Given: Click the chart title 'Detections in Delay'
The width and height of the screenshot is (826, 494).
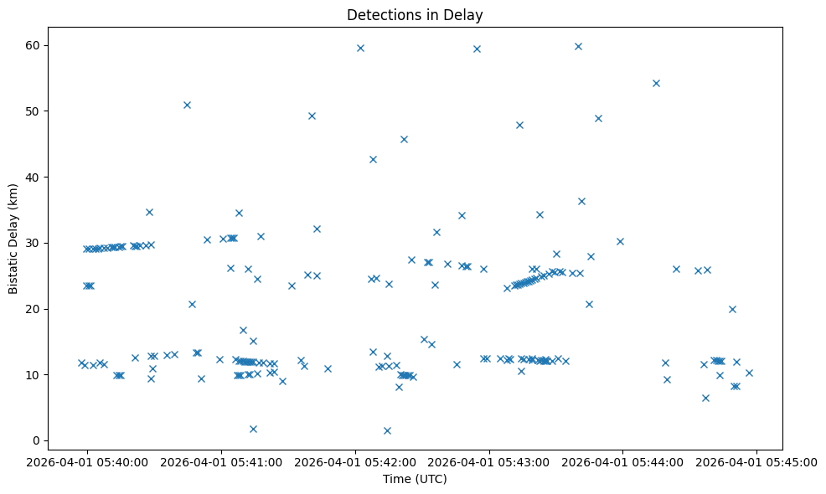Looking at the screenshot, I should coord(415,15).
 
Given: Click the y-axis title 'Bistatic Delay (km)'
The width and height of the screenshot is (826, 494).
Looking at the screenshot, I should coord(13,238).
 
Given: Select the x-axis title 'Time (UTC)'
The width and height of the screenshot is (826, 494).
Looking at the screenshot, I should coord(415,479).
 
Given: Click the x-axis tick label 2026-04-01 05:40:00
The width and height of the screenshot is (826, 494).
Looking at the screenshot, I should coord(88,461).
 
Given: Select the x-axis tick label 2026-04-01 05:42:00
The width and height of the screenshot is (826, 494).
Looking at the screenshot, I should coord(355,461).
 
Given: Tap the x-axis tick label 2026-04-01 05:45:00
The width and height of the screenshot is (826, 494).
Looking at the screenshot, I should coord(757,461).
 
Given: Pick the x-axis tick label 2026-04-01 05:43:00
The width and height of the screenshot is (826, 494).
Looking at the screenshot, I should coord(489,461).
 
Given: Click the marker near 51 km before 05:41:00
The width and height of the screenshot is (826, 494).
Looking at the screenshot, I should coord(187,105).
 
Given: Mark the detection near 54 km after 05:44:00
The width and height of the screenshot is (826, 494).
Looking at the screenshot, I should coord(656,83).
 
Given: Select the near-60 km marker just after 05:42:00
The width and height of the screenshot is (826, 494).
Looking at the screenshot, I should coord(360,48).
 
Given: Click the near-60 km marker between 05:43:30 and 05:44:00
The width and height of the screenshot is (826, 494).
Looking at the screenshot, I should coord(578,46).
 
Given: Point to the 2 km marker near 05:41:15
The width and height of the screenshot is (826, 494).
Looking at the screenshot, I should coord(253,429).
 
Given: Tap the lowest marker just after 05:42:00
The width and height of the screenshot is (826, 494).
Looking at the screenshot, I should coord(387,430).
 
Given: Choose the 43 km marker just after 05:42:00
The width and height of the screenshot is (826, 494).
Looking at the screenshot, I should coord(373,159).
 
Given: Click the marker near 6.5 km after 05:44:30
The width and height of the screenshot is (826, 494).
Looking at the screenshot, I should coord(705,398).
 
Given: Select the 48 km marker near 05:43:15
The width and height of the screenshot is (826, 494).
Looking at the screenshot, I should coord(519,125).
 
